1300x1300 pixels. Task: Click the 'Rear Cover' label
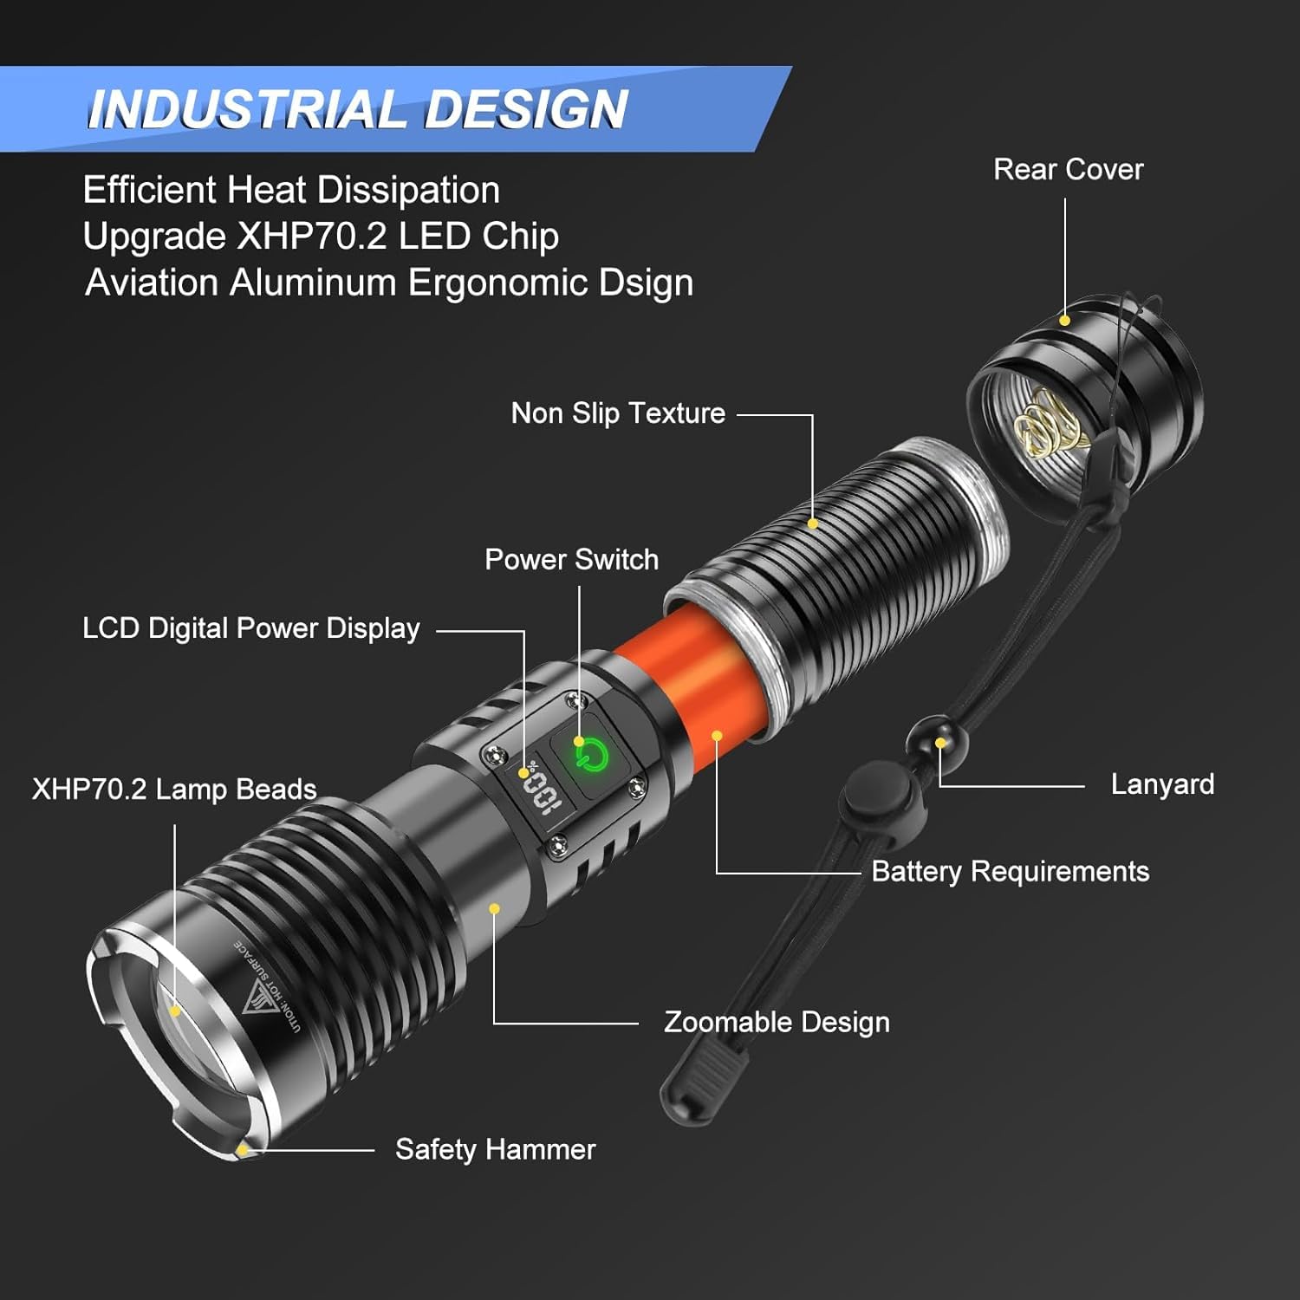(x=1068, y=169)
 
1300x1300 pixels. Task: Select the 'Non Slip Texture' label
(x=618, y=413)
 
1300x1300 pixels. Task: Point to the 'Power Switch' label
(x=571, y=560)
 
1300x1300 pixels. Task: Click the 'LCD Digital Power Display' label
(x=250, y=628)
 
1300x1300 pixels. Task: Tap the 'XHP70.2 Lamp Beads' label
(x=174, y=790)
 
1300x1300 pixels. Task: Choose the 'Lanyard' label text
(x=1162, y=784)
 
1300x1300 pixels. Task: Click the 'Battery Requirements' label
(x=1010, y=871)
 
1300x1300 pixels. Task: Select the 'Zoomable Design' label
(x=777, y=1022)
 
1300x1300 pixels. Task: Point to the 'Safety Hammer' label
(x=495, y=1149)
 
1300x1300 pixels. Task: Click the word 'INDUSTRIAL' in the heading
(x=245, y=110)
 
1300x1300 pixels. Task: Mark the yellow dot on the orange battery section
(x=717, y=736)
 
